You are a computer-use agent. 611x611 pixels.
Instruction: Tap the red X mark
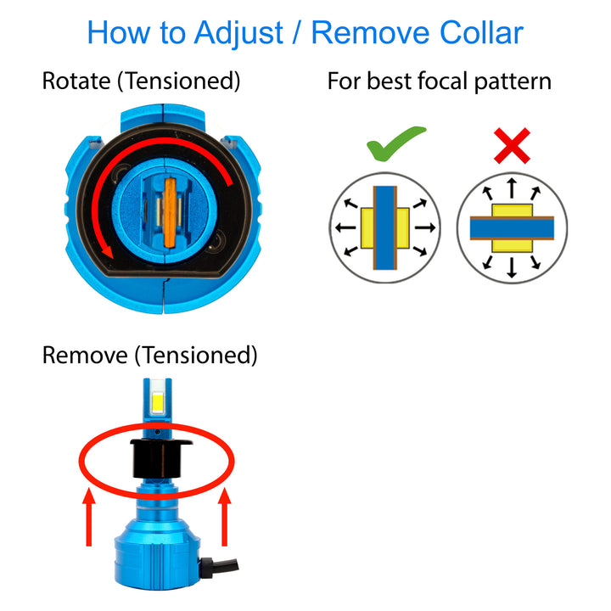coord(512,145)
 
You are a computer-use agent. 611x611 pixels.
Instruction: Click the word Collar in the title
coord(481,33)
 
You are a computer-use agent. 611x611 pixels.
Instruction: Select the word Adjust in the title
coord(238,34)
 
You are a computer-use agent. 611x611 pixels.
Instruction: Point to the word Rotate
coord(76,81)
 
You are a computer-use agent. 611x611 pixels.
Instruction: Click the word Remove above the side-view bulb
coord(85,355)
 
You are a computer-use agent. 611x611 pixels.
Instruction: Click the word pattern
coord(513,82)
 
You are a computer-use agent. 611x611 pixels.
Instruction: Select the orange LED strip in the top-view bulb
coord(171,213)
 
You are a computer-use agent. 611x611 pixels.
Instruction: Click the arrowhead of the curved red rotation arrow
coord(108,252)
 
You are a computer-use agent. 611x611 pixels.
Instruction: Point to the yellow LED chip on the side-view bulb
coord(158,404)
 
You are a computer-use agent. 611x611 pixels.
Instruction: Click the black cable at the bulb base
coord(219,566)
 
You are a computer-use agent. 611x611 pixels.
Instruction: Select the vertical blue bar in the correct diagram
coord(385,228)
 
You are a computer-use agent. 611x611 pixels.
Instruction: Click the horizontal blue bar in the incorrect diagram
coord(512,228)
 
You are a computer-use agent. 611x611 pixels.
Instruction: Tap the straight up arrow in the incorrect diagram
coord(512,188)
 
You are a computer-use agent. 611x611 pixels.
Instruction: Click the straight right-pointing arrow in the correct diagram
coord(425,227)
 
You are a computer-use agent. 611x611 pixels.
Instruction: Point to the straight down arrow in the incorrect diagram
coord(512,267)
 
